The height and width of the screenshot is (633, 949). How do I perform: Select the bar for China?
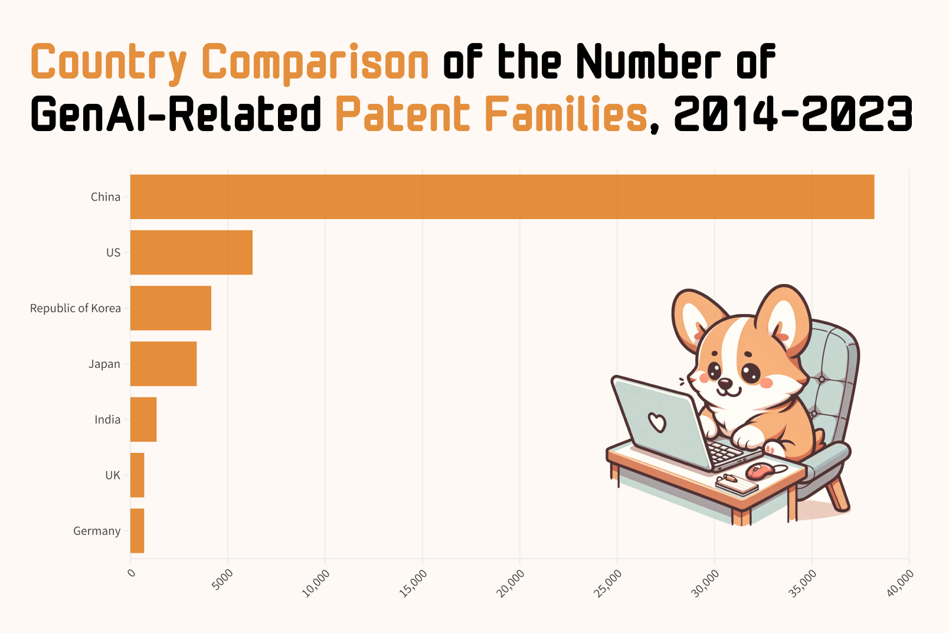click(x=502, y=197)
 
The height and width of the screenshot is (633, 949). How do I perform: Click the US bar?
click(x=191, y=252)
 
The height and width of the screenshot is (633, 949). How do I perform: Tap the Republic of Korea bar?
click(x=171, y=308)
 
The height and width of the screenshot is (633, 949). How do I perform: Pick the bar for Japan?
click(x=163, y=364)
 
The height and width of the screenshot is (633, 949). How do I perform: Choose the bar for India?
click(x=143, y=419)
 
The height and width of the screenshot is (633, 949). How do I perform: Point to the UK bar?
click(x=137, y=475)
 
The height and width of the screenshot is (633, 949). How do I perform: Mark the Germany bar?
click(x=137, y=531)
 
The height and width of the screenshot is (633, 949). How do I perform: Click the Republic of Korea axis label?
click(x=75, y=308)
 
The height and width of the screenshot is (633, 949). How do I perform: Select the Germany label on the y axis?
click(x=97, y=531)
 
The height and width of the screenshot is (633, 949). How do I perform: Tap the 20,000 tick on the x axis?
click(x=511, y=583)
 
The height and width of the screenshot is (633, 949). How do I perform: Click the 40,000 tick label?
click(x=901, y=583)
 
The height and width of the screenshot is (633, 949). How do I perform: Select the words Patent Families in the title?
click(x=491, y=114)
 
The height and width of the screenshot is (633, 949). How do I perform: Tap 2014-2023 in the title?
click(x=793, y=114)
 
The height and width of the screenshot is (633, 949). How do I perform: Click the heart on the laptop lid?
click(x=657, y=422)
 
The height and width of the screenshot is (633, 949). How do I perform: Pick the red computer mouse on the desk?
click(x=760, y=471)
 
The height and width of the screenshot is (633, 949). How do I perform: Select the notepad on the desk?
click(x=736, y=484)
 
